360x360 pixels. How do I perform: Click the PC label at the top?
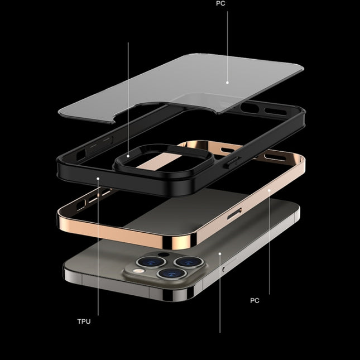pos(222,3)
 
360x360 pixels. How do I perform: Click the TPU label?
pos(84,321)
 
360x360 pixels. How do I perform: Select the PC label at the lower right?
pos(255,300)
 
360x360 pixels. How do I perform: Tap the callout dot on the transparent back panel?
pos(228,82)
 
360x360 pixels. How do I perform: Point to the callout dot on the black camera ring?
pos(128,156)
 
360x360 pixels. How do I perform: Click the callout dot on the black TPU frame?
pos(98,179)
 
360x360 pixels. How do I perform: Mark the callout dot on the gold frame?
pos(269,190)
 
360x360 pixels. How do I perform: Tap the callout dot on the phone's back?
pos(220,254)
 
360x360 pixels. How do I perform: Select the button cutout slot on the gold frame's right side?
pos(235,212)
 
